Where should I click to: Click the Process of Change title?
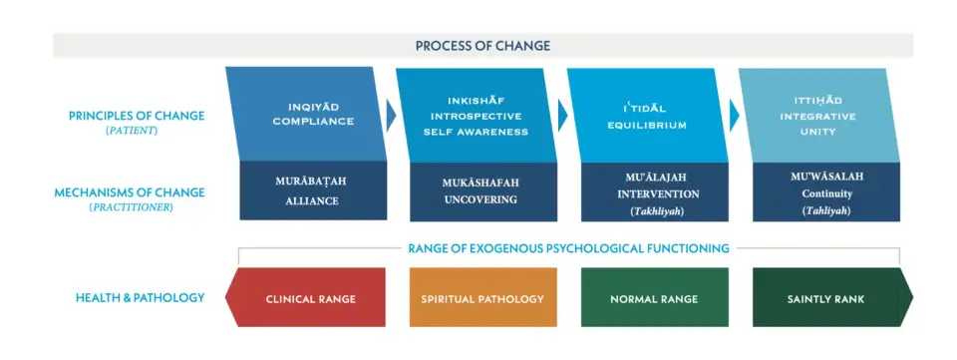(x=482, y=46)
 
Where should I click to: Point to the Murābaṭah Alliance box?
(x=313, y=191)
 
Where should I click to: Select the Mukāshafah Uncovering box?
(x=483, y=191)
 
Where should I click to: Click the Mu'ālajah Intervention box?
(x=655, y=191)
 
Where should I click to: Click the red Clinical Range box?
(x=306, y=297)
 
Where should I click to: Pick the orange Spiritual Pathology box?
(x=483, y=297)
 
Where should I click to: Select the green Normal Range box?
(x=655, y=297)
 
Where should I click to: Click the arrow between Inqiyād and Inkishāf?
(x=391, y=116)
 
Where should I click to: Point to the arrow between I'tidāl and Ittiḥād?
(x=735, y=116)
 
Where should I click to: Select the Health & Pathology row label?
(x=140, y=298)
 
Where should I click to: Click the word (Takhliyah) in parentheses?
(x=658, y=211)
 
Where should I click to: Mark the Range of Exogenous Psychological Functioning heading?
(x=569, y=248)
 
